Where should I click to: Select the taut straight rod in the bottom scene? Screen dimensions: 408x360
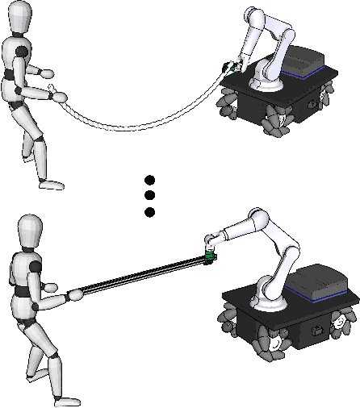coord(137,277)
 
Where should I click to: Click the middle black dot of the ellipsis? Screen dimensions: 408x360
coord(149,195)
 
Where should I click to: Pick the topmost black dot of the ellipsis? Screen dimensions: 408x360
coord(149,179)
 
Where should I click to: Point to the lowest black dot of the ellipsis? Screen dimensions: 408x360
coord(149,212)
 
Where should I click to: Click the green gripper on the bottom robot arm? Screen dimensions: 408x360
coord(210,256)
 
